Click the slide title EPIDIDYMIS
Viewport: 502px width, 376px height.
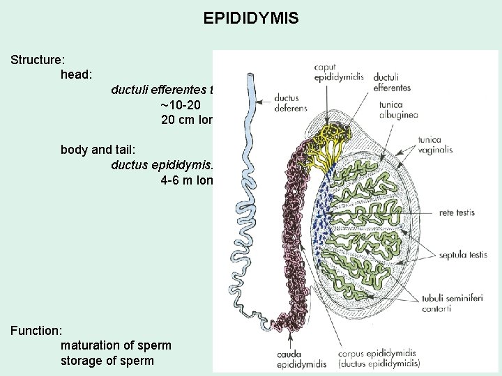[x=251, y=17]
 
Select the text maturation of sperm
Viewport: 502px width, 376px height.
[x=116, y=345]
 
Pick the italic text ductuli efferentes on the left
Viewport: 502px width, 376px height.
[x=160, y=89]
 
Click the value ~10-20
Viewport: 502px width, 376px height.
[x=182, y=104]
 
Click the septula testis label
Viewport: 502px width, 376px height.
[x=458, y=256]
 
